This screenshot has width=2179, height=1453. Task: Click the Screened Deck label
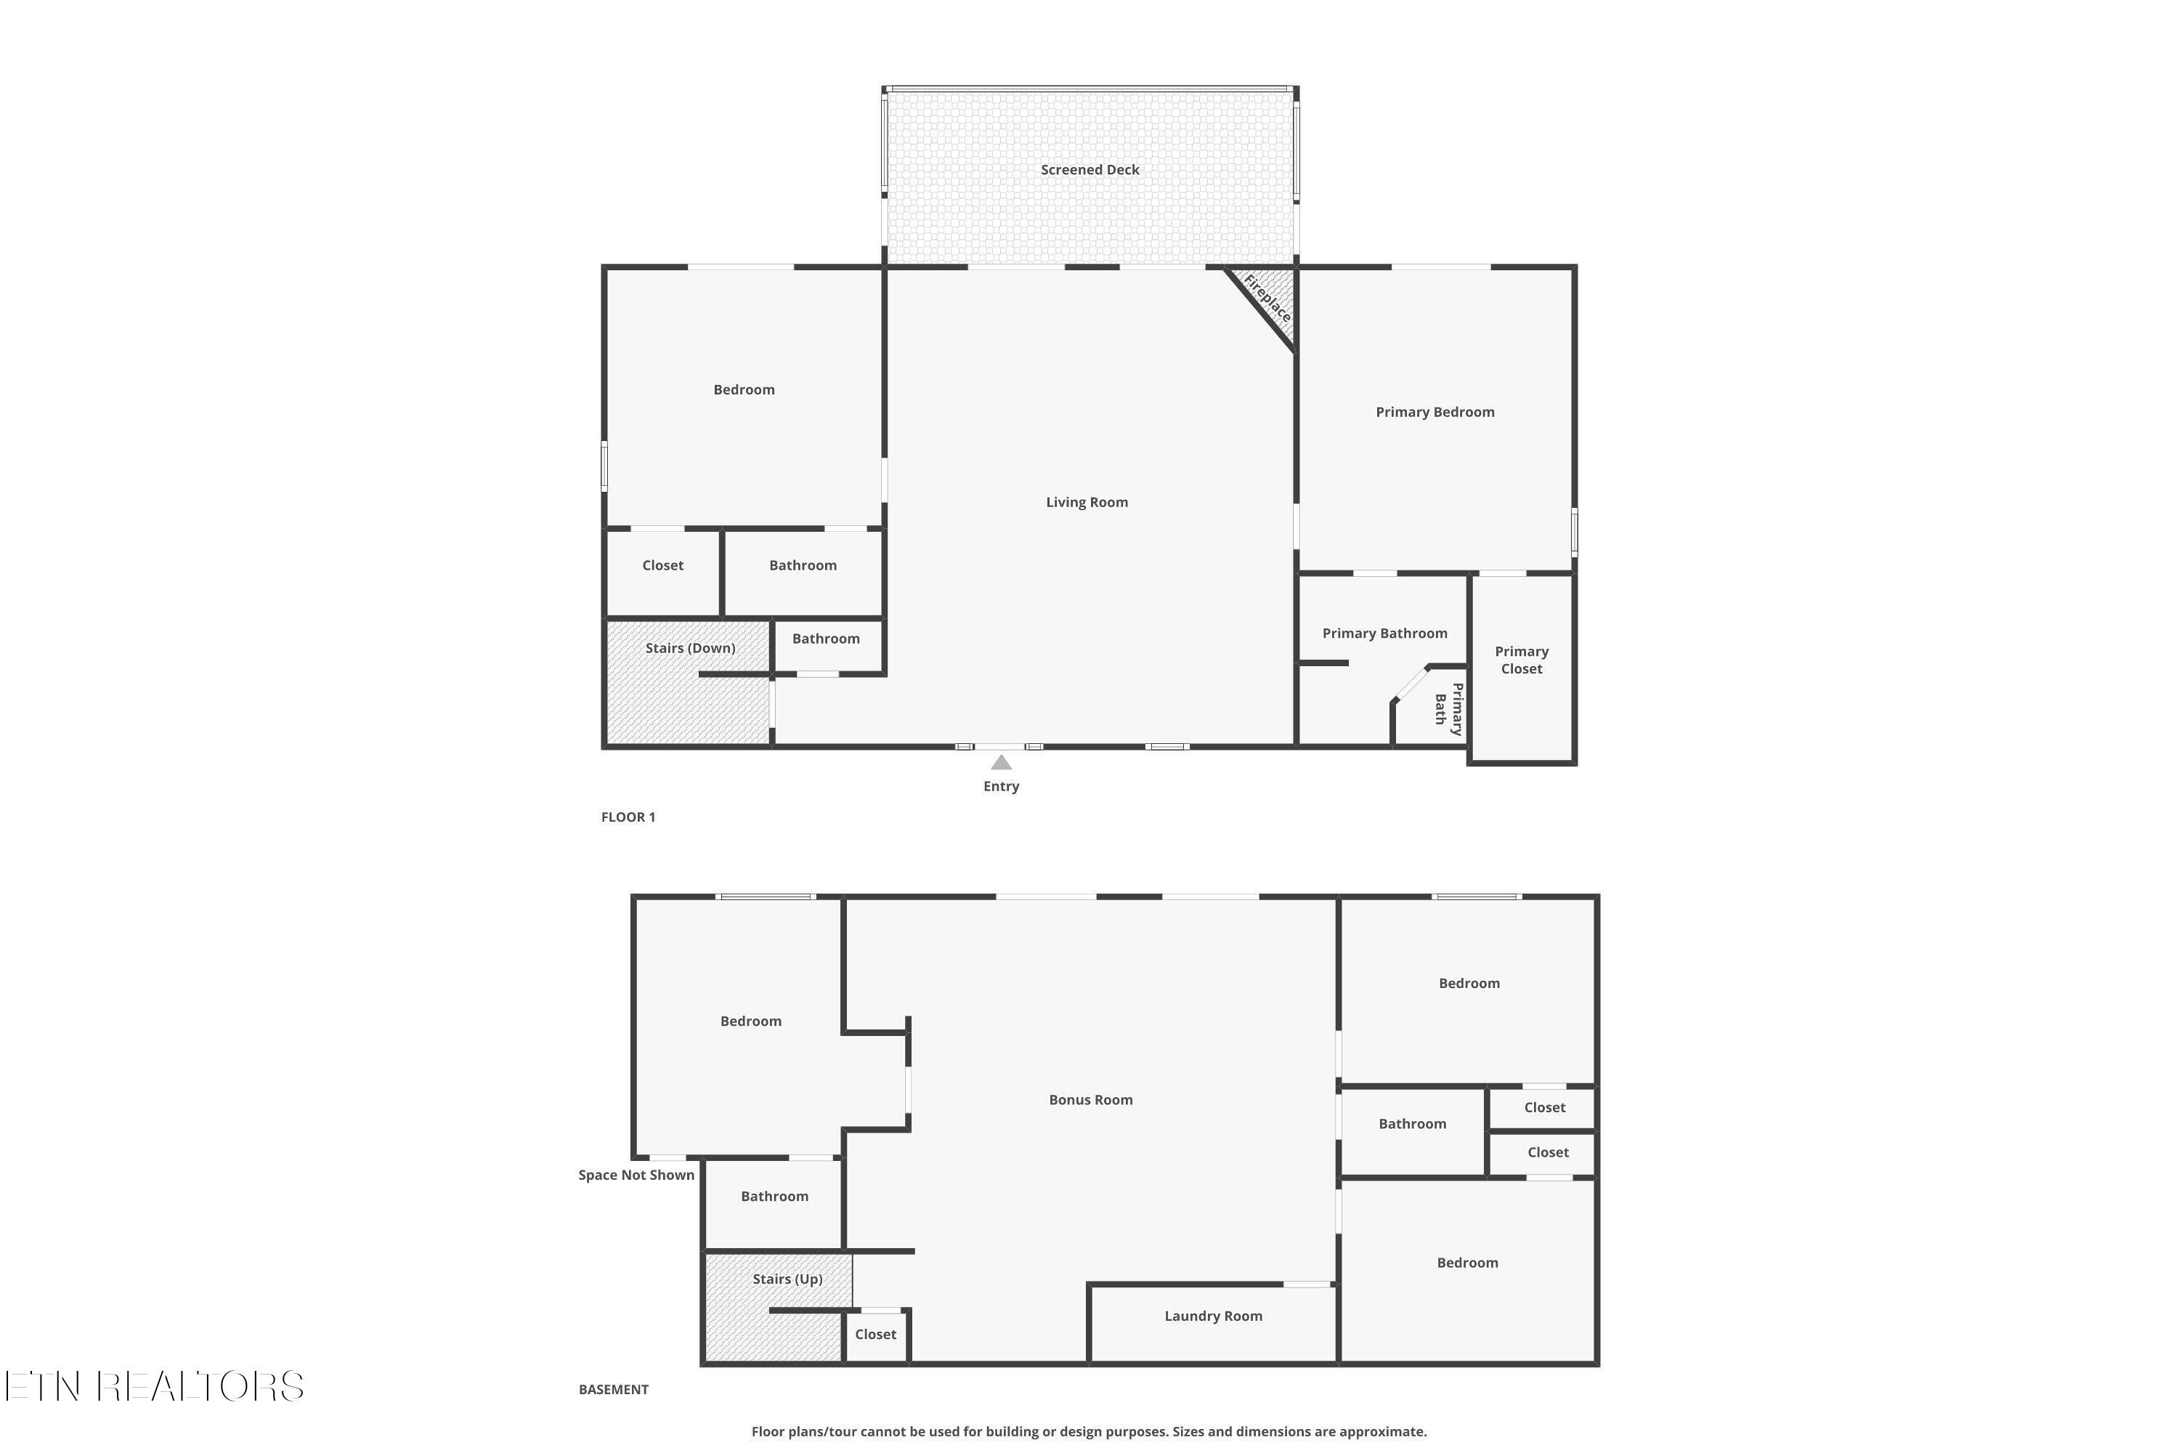(x=1089, y=169)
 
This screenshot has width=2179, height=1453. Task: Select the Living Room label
(x=1087, y=502)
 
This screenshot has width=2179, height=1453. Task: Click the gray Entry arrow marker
(x=1001, y=763)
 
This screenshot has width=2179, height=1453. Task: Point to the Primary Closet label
(x=1521, y=660)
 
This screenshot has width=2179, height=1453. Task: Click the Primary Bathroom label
(x=1384, y=634)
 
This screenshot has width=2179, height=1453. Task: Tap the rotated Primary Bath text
(x=1449, y=709)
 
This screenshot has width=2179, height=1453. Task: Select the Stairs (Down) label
(x=690, y=648)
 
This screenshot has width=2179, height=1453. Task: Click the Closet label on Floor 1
(x=662, y=565)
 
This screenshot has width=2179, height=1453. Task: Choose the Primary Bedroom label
(x=1434, y=413)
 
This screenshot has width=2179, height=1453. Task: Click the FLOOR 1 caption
(x=628, y=817)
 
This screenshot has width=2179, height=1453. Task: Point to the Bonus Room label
(x=1090, y=1100)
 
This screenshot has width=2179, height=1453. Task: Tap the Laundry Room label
(x=1213, y=1316)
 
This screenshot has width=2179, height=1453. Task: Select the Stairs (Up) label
(x=787, y=1279)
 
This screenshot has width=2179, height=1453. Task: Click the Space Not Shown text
(x=636, y=1175)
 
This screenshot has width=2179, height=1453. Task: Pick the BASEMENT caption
(x=613, y=1389)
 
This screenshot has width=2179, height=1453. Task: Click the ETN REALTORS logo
(x=154, y=1386)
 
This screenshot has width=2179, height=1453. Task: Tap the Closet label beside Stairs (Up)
(x=875, y=1335)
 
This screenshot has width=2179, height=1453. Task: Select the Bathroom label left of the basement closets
(x=1412, y=1124)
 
